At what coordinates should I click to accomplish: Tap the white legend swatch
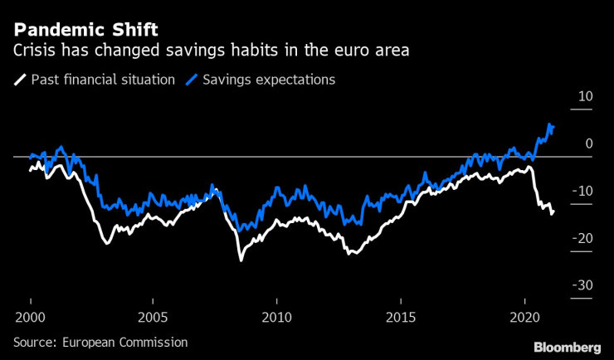[19, 80]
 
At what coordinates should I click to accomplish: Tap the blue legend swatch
[193, 80]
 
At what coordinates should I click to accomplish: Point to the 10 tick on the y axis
[585, 96]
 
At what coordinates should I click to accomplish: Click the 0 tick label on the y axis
[588, 144]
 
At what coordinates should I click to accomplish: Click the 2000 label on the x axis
[31, 317]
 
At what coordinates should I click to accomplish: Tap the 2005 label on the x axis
[153, 317]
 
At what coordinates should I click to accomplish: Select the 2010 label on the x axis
[277, 317]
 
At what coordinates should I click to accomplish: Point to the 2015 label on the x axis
[401, 317]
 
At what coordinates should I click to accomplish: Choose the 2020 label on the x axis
[524, 317]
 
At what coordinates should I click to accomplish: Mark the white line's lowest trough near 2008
[241, 260]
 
